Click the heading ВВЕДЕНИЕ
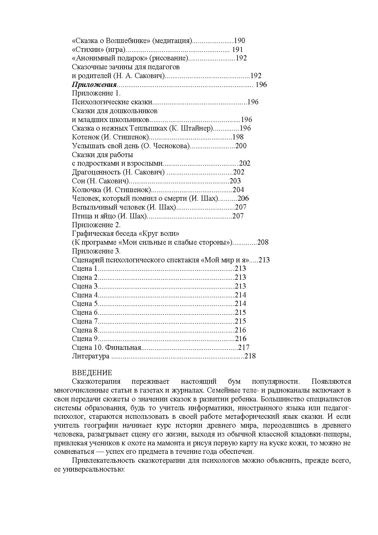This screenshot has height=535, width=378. click(x=92, y=373)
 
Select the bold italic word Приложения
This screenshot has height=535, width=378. click(x=94, y=84)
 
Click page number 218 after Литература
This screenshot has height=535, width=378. click(x=250, y=356)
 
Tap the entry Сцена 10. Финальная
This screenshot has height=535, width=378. click(x=107, y=347)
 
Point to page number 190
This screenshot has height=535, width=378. click(x=239, y=41)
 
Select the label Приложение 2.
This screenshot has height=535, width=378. click(x=96, y=225)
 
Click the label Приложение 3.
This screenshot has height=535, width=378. click(x=96, y=251)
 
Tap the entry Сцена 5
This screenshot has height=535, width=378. click(x=84, y=303)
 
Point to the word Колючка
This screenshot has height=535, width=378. click(x=86, y=190)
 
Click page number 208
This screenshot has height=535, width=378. click(x=263, y=242)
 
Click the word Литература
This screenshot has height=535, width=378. click(x=91, y=356)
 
